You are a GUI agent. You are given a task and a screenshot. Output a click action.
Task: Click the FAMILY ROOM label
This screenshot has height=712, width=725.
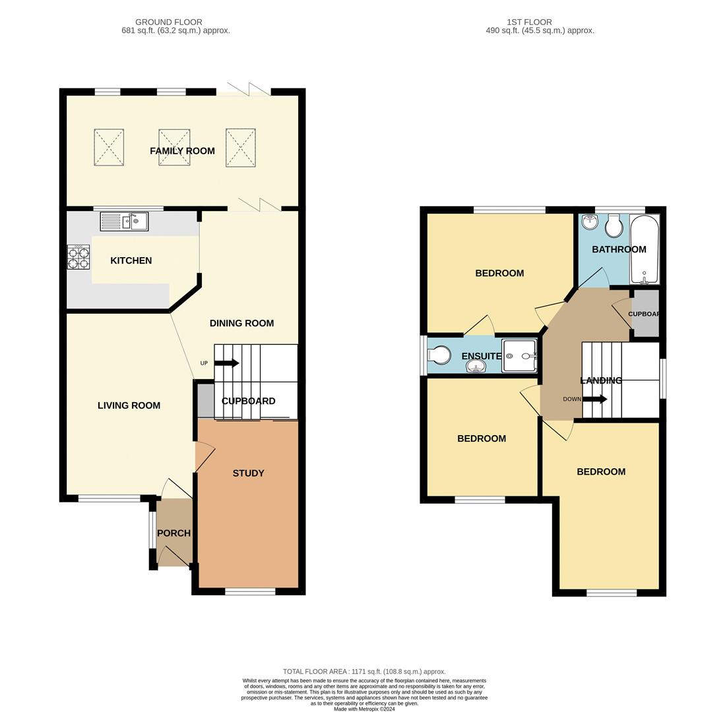182,151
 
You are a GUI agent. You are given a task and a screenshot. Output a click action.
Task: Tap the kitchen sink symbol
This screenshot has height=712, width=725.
124,222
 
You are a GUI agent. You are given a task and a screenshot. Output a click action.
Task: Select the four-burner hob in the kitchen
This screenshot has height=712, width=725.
78,257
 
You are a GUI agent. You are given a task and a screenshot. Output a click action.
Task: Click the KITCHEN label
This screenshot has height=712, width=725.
131,261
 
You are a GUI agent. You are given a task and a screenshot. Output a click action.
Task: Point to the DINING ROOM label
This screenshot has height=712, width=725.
241,323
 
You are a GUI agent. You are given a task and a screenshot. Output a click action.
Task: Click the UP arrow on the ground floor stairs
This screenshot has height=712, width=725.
226,363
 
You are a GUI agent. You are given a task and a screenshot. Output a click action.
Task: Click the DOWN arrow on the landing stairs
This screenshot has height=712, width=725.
594,399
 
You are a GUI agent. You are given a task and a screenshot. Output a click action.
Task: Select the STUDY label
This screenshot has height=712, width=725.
248,473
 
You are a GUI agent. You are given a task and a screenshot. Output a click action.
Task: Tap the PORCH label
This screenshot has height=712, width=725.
173,533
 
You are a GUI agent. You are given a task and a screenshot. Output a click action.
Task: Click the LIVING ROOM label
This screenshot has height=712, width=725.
129,405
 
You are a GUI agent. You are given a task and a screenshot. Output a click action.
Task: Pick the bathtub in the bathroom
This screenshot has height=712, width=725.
644,249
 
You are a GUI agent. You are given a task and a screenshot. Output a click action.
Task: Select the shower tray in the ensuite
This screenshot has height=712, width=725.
519,356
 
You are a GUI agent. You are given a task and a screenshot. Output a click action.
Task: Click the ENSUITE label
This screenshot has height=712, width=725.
482,356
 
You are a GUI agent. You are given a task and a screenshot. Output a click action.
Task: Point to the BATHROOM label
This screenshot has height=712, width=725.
619,249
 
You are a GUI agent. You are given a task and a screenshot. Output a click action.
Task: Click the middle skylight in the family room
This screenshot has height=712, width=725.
174,147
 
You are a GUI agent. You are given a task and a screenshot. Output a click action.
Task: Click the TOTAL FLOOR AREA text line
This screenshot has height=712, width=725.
364,671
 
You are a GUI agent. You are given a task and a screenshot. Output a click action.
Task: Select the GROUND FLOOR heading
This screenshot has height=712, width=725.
169,22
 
